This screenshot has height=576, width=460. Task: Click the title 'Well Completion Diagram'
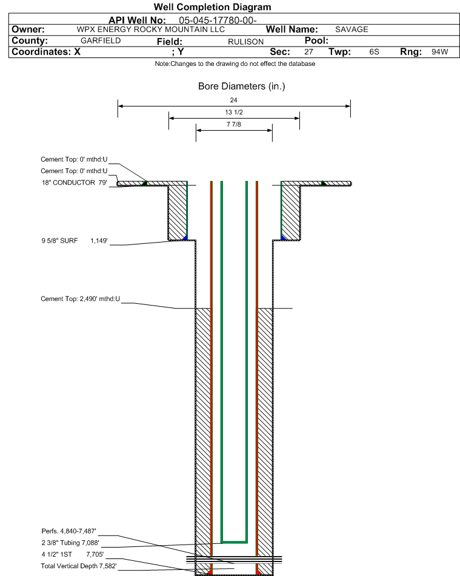(x=212, y=7)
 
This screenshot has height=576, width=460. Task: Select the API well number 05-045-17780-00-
(x=218, y=20)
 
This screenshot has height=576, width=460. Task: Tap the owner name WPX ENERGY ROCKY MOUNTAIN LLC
(x=150, y=30)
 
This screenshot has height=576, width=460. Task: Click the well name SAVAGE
(x=352, y=30)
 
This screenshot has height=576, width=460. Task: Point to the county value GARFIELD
(x=101, y=41)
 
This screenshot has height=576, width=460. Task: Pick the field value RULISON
(x=245, y=42)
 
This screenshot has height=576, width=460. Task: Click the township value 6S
(x=374, y=52)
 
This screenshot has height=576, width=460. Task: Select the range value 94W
(x=440, y=52)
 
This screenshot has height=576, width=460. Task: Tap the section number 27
(x=308, y=52)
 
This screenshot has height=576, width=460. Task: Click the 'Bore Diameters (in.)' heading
(x=241, y=87)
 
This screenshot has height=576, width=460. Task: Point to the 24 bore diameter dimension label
(x=233, y=100)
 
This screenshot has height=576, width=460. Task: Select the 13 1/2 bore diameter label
(x=234, y=112)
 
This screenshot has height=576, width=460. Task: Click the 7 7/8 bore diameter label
(x=234, y=124)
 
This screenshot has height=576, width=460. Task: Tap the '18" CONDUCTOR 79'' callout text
(x=74, y=183)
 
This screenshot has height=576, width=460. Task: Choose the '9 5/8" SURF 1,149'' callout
(x=75, y=241)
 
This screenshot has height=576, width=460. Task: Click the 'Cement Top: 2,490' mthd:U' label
(x=80, y=299)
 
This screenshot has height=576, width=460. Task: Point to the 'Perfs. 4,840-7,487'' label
(x=69, y=531)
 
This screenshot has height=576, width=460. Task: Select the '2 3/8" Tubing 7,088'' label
(x=70, y=543)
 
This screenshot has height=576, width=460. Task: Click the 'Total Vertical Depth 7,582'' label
(x=79, y=566)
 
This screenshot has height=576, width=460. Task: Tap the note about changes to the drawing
(x=235, y=64)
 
